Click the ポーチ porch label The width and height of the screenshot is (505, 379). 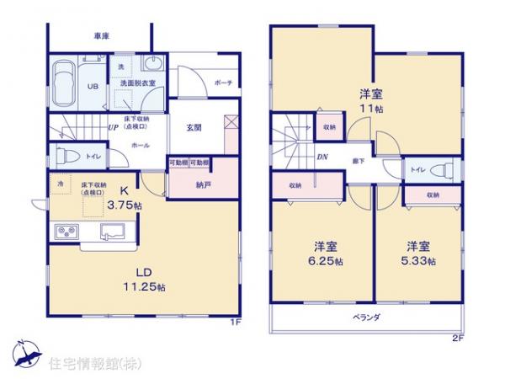(223, 82)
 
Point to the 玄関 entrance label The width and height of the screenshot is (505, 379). (194, 127)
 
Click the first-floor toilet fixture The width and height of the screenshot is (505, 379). (62, 155)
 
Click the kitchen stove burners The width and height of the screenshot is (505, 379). (66, 231)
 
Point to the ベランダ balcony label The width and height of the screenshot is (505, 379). (366, 317)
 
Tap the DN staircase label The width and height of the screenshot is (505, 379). (322, 157)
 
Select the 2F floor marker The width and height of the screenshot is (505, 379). (458, 338)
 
